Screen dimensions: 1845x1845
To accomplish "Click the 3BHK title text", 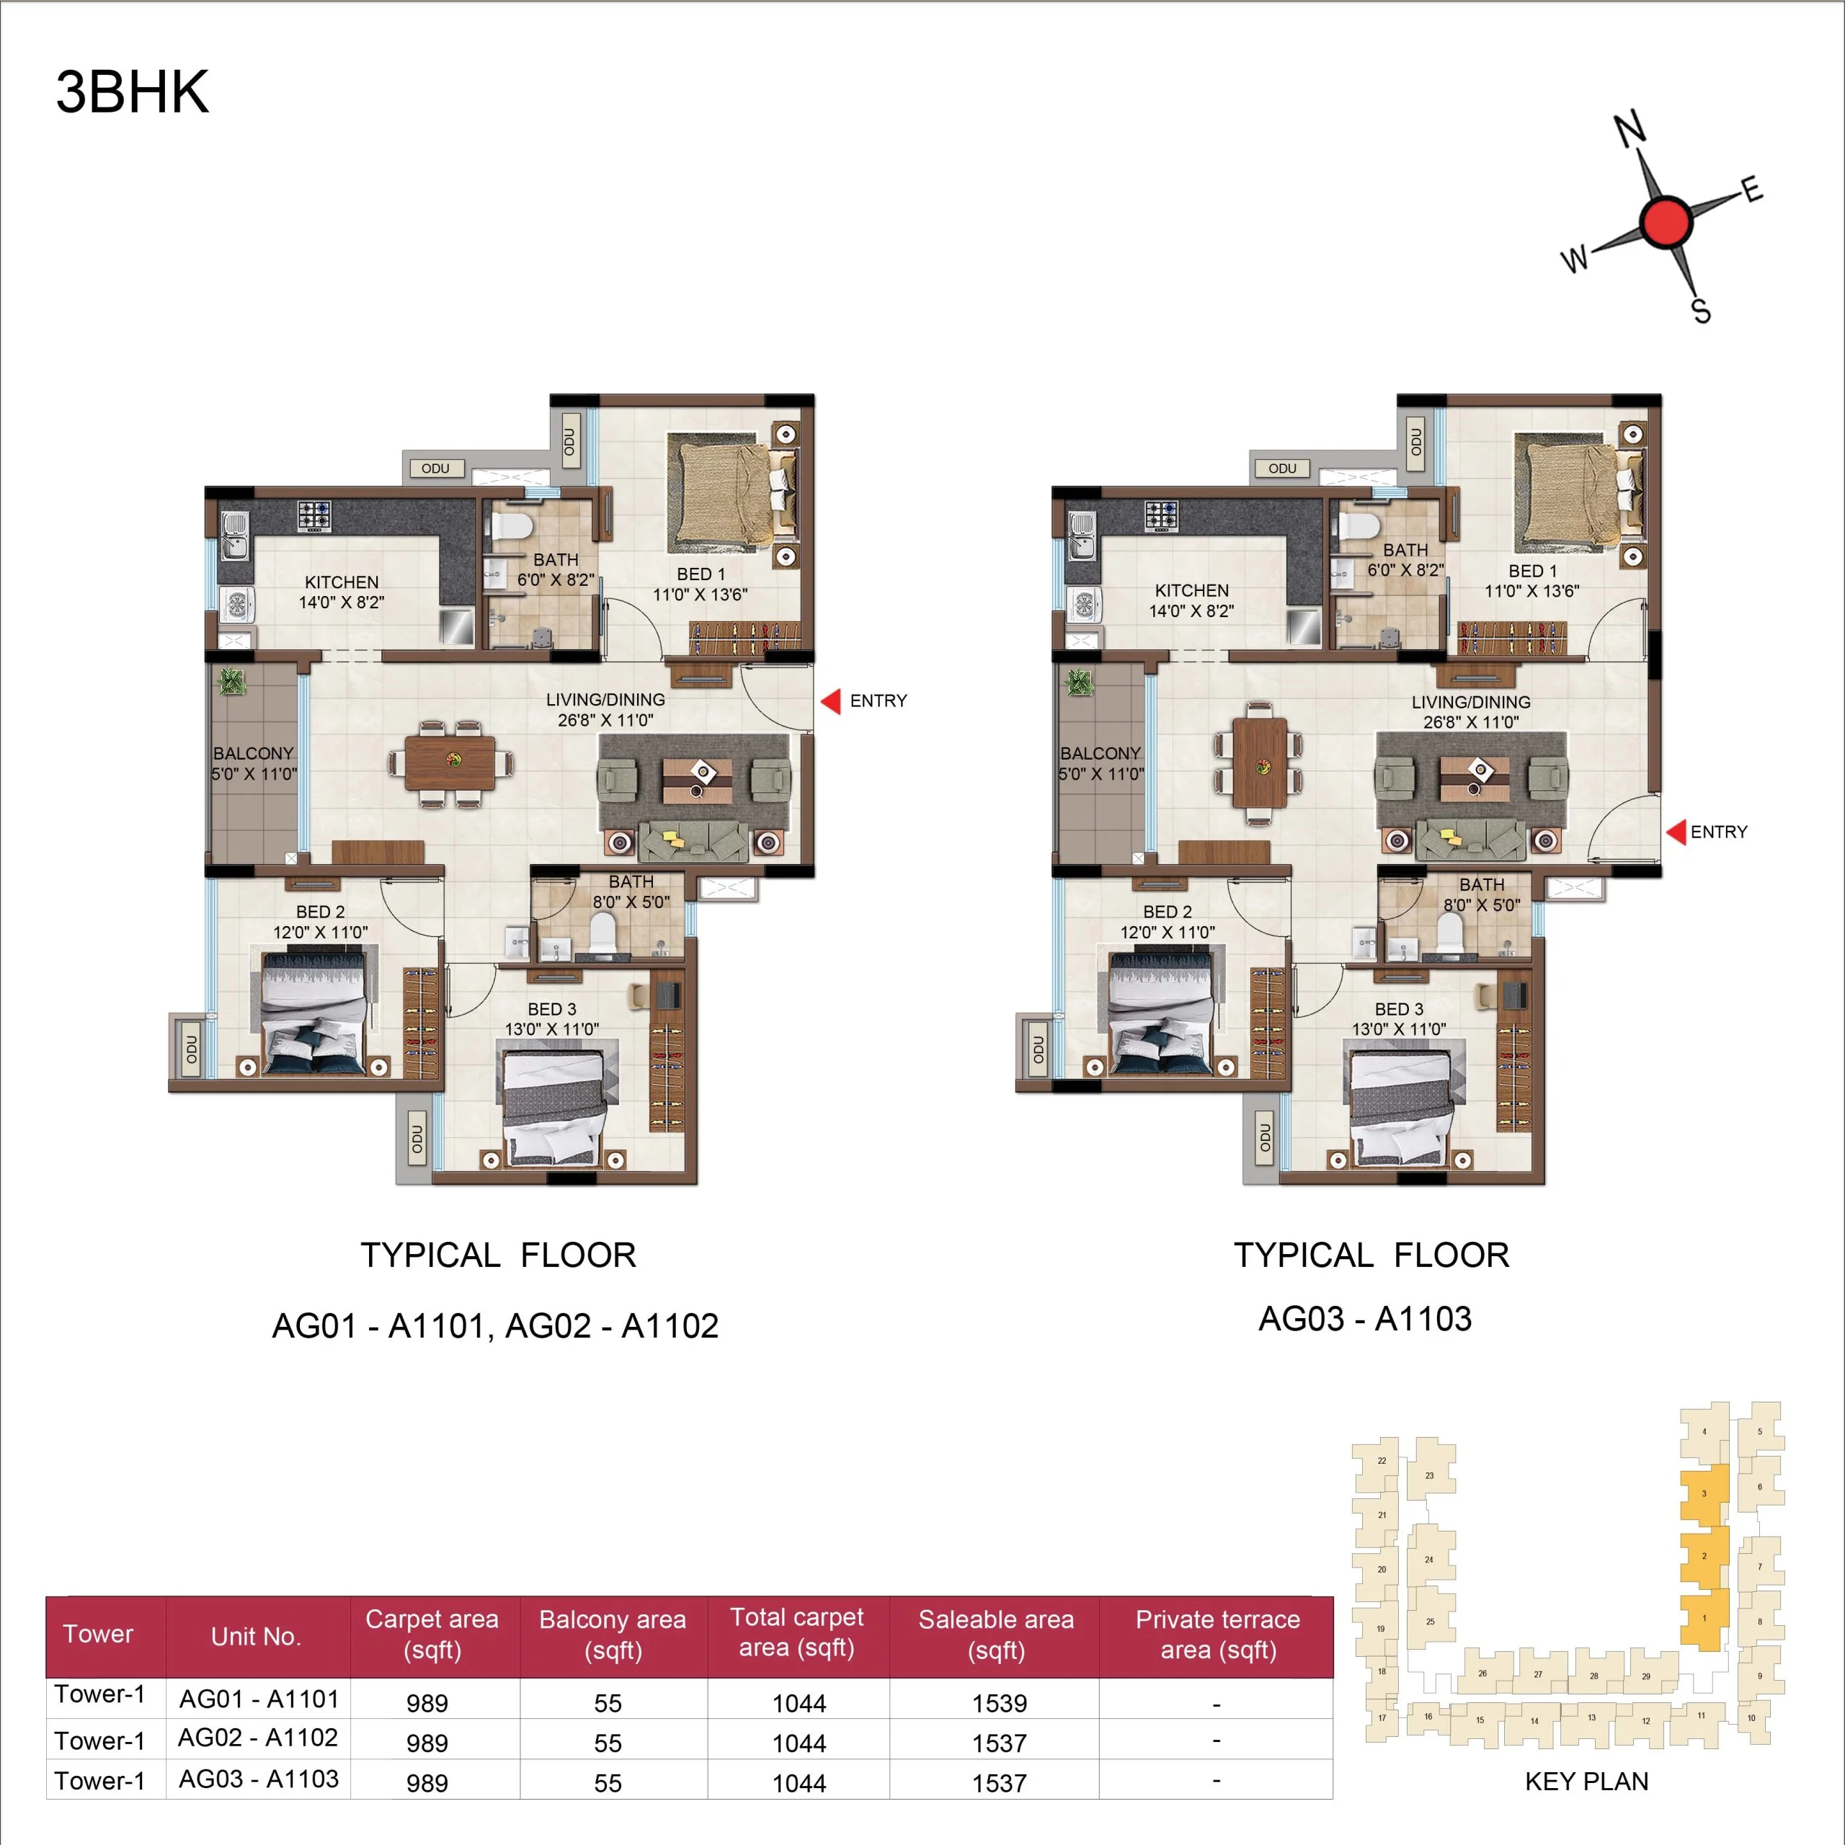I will pyautogui.click(x=133, y=93).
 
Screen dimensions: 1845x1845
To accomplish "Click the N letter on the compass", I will pyautogui.click(x=1630, y=129).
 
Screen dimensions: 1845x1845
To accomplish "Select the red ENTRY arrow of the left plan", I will pyautogui.click(x=831, y=701).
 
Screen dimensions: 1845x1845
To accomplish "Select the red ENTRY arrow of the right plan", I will pyautogui.click(x=1676, y=832).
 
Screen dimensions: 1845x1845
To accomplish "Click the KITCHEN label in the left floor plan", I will pyautogui.click(x=341, y=582).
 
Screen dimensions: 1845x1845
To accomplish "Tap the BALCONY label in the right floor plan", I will pyautogui.click(x=1100, y=753).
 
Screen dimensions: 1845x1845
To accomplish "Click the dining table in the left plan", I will pyautogui.click(x=450, y=762).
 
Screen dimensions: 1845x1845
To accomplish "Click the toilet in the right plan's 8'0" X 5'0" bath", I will pyautogui.click(x=1449, y=931).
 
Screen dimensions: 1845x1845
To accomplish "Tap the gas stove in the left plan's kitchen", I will pyautogui.click(x=314, y=516).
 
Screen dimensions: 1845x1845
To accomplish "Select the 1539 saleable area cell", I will pyautogui.click(x=999, y=1703).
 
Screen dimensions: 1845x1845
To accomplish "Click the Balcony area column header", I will pyautogui.click(x=612, y=1634).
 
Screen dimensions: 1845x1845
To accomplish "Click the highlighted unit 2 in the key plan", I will pyautogui.click(x=1704, y=1557).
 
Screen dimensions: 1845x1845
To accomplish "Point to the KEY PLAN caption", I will pyautogui.click(x=1586, y=1782).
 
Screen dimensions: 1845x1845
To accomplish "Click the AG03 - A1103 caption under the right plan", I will pyautogui.click(x=1364, y=1319).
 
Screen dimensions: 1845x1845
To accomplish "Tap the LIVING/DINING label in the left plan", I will pyautogui.click(x=605, y=700).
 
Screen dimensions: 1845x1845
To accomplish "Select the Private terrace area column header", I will pyautogui.click(x=1217, y=1634).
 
